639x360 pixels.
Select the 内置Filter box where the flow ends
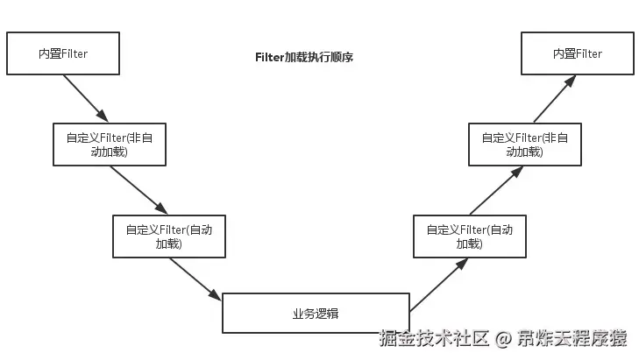coord(577,54)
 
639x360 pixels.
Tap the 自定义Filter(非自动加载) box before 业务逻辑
coord(109,144)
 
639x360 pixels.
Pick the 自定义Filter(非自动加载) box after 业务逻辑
coord(524,144)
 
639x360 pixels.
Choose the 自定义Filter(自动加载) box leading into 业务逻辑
coord(168,236)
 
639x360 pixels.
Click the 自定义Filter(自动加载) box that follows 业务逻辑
coord(469,236)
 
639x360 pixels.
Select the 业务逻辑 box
coord(316,314)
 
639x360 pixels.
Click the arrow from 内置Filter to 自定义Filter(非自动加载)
coord(84,97)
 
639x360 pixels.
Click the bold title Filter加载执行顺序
coord(303,57)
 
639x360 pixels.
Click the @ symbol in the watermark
coord(503,339)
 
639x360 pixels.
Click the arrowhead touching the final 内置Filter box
coord(572,79)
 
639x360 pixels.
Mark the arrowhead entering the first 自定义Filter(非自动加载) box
coord(103,116)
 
